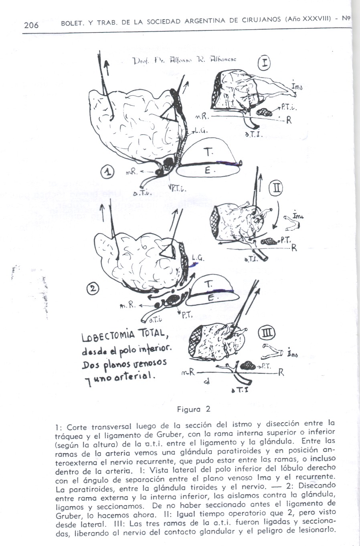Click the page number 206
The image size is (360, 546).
31,25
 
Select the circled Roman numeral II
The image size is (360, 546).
277,188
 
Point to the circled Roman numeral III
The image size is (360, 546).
267,333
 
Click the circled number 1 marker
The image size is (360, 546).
107,172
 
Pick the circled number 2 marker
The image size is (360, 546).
93,288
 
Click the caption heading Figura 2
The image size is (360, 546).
194,409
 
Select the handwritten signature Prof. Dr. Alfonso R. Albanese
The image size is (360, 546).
184,60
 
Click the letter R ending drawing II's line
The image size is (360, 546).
294,248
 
